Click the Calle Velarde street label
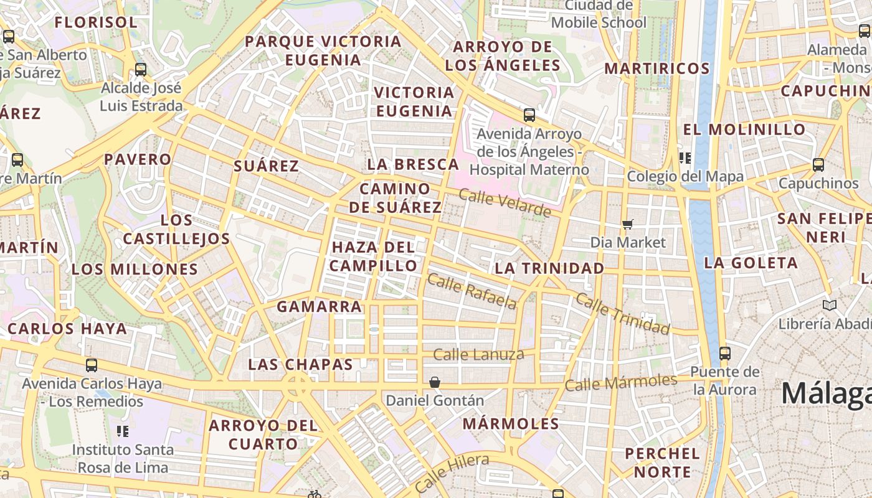coord(505,204)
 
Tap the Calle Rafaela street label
coord(472,291)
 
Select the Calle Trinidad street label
coord(622,313)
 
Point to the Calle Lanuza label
coord(478,355)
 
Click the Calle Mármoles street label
coord(621,382)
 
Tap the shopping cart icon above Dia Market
coord(628,224)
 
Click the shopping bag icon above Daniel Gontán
coord(435,382)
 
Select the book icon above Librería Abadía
coord(829,305)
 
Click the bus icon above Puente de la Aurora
coord(725,354)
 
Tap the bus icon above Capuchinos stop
coord(818,165)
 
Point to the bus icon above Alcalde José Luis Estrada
coord(141,69)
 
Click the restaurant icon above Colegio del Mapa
coord(685,158)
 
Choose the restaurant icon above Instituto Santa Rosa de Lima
coord(123,431)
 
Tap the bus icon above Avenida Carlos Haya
coord(92,365)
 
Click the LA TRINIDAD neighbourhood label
coord(549,268)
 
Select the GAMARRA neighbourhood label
coord(319,306)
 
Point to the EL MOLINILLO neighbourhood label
coord(744,129)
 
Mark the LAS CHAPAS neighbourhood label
coord(300,364)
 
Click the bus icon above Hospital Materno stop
coord(529,115)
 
